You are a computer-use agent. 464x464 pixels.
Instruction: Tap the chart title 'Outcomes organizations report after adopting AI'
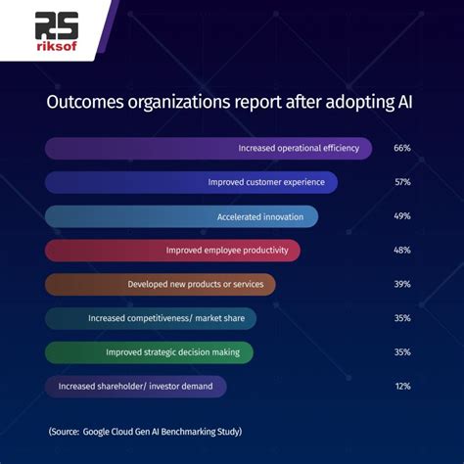232,104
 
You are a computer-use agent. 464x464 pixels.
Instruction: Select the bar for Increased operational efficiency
209,149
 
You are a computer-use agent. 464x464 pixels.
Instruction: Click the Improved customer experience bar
191,182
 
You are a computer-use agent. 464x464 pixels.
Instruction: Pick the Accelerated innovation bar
181,216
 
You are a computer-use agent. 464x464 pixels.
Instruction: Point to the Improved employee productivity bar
172,251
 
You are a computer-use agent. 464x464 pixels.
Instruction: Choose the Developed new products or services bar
161,285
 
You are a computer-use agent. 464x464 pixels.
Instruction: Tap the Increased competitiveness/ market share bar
151,318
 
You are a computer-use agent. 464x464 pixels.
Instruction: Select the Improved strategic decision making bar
149,352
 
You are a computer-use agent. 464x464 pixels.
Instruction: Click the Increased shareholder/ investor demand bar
136,387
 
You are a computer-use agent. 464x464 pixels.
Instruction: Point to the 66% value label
401,149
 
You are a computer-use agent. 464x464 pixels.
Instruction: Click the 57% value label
401,182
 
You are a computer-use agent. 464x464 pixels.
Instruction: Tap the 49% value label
401,216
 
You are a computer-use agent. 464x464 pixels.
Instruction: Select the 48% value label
401,251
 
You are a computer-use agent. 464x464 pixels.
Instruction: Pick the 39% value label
401,285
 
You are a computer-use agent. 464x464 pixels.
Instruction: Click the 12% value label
401,387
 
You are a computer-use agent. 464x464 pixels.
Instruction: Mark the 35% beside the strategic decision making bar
401,352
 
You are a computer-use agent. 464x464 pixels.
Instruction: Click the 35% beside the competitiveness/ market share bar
401,318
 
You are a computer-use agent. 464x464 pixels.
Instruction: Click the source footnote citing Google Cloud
144,431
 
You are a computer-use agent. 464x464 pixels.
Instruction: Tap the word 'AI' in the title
405,104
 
